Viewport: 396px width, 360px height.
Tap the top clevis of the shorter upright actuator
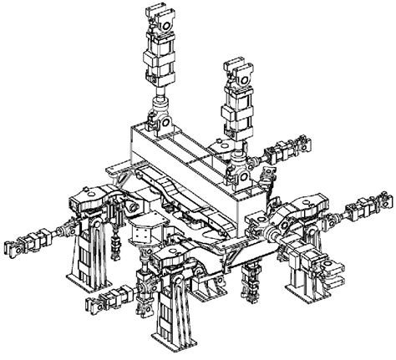239,73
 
